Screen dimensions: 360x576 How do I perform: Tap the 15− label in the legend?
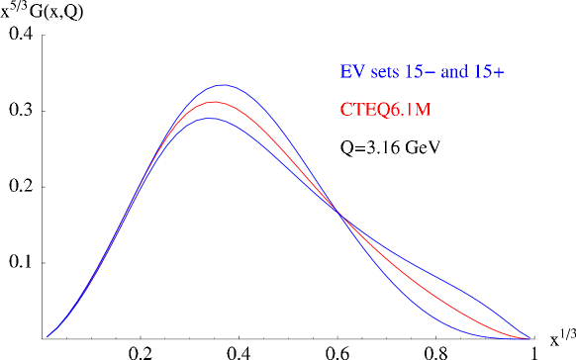[420, 72]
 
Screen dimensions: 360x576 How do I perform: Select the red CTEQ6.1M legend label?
[385, 109]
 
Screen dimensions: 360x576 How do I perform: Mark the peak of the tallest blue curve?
[224, 85]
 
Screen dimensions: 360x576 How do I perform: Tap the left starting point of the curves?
[48, 336]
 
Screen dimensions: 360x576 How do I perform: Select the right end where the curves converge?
[528, 338]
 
